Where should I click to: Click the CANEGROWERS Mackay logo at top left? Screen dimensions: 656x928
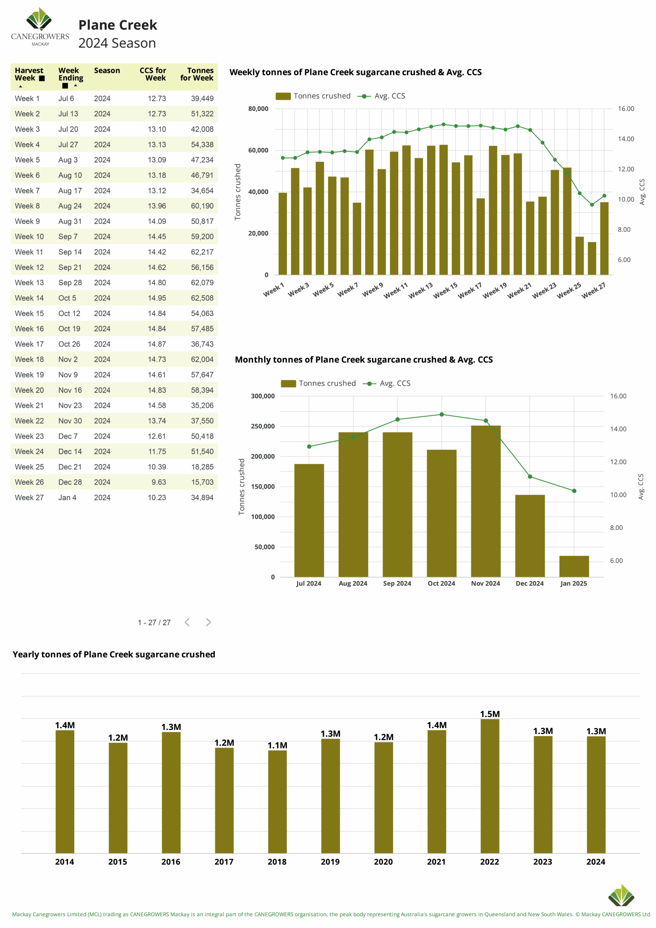pos(40,27)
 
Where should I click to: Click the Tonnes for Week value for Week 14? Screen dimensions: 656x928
pos(202,298)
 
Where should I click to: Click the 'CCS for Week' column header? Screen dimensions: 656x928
pos(153,74)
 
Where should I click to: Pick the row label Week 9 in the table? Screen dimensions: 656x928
pos(27,221)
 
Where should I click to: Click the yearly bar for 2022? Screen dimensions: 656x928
pos(490,786)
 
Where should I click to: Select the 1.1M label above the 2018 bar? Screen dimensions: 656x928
pos(277,745)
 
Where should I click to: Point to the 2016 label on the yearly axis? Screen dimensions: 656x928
pos(171,862)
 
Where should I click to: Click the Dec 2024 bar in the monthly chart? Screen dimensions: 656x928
pos(530,536)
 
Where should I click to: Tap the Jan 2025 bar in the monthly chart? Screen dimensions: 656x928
pos(574,566)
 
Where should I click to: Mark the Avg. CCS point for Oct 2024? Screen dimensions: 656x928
pos(442,414)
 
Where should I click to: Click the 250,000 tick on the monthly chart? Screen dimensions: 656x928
pos(263,426)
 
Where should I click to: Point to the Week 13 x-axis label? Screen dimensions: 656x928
pos(421,290)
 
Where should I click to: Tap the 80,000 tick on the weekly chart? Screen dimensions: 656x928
pos(258,109)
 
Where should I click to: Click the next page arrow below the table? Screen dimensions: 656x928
pos(208,622)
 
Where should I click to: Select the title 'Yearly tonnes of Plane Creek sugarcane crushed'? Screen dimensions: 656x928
pos(114,654)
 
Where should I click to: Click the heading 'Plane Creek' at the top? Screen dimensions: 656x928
pos(118,25)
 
